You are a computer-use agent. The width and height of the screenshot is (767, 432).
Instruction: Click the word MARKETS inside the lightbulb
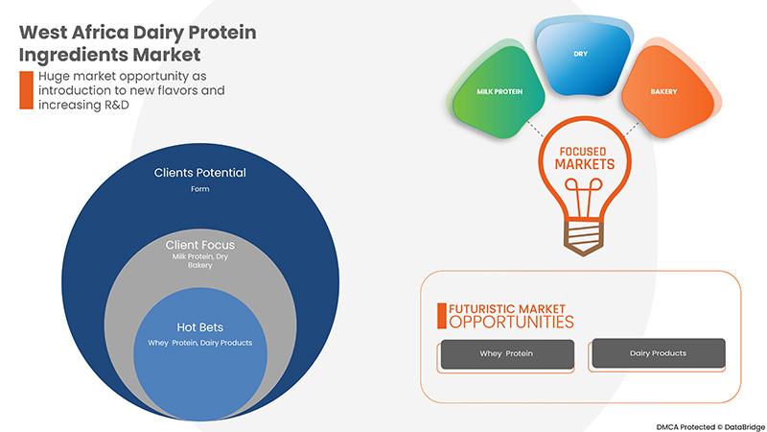click(x=585, y=164)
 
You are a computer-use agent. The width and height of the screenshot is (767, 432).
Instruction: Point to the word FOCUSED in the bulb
click(x=583, y=152)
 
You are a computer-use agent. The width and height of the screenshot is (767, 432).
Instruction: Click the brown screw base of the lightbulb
click(x=583, y=237)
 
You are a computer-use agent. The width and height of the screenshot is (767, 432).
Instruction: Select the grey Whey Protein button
click(x=507, y=353)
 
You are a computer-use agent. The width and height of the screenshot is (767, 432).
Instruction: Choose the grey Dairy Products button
click(x=659, y=352)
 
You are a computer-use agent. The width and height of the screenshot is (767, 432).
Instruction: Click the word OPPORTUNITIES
click(x=511, y=322)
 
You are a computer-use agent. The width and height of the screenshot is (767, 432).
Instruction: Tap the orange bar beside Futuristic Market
click(x=442, y=316)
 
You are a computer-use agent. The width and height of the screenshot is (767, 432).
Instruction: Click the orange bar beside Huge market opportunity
click(x=27, y=90)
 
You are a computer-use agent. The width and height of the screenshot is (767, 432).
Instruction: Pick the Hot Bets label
click(x=199, y=327)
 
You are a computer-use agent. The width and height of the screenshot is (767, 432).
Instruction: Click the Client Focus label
click(x=199, y=245)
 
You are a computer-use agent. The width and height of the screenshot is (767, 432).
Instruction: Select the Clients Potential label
click(x=199, y=173)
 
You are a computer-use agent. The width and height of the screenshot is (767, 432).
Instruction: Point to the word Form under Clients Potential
click(x=199, y=188)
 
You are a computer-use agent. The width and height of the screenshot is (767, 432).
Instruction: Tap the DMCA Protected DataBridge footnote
click(x=710, y=427)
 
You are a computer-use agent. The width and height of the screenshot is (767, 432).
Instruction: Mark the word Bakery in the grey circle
click(x=199, y=265)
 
